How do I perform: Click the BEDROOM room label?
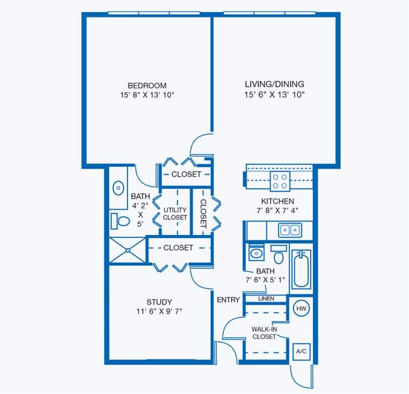pyautogui.click(x=147, y=85)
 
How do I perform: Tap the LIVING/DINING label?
pyautogui.click(x=274, y=84)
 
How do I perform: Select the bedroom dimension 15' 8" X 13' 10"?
pyautogui.click(x=147, y=95)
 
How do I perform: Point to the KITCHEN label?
pyautogui.click(x=277, y=201)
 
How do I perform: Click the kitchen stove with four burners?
pyautogui.click(x=279, y=181)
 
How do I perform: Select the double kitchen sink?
pyautogui.click(x=290, y=230)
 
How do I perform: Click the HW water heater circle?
pyautogui.click(x=300, y=309)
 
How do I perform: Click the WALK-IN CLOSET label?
pyautogui.click(x=264, y=333)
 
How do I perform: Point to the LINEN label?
pyautogui.click(x=266, y=299)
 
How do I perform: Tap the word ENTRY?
pyautogui.click(x=228, y=300)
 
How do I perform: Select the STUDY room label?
pyautogui.click(x=159, y=302)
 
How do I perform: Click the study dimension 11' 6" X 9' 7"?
pyautogui.click(x=159, y=312)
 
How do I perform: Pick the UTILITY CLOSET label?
pyautogui.click(x=175, y=213)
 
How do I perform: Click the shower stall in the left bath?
pyautogui.click(x=127, y=250)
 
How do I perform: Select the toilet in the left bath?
pyautogui.click(x=120, y=221)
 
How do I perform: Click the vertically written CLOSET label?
pyautogui.click(x=204, y=213)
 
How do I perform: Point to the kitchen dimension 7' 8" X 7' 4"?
pyautogui.click(x=277, y=211)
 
